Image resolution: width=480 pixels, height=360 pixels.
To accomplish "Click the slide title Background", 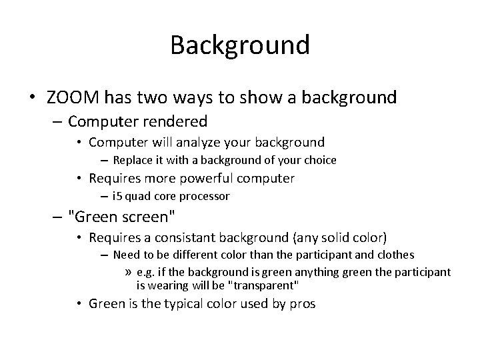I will (x=240, y=45).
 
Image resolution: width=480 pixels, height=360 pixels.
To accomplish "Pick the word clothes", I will (x=397, y=255).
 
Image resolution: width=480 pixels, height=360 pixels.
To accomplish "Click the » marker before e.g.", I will (x=128, y=272).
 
